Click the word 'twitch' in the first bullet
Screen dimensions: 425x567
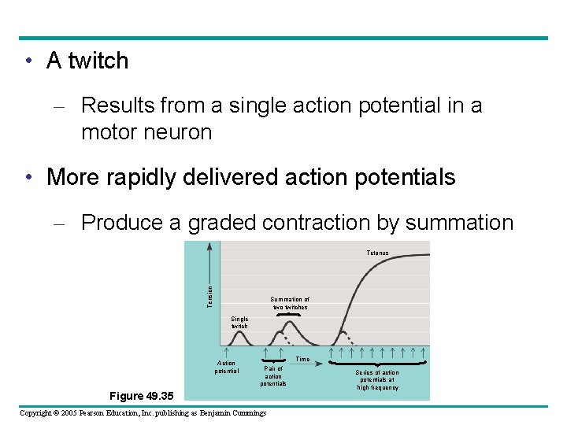point(98,61)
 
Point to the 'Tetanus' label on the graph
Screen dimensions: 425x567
point(377,253)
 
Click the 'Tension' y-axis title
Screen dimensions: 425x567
point(210,296)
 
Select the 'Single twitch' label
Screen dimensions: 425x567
point(239,323)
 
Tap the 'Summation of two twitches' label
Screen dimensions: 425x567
point(290,303)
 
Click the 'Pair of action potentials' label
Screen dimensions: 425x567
point(273,375)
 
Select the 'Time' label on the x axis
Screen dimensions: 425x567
point(302,360)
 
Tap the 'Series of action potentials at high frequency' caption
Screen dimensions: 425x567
point(377,379)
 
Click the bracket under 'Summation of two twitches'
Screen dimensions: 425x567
point(289,314)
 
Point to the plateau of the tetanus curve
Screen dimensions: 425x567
point(409,255)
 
